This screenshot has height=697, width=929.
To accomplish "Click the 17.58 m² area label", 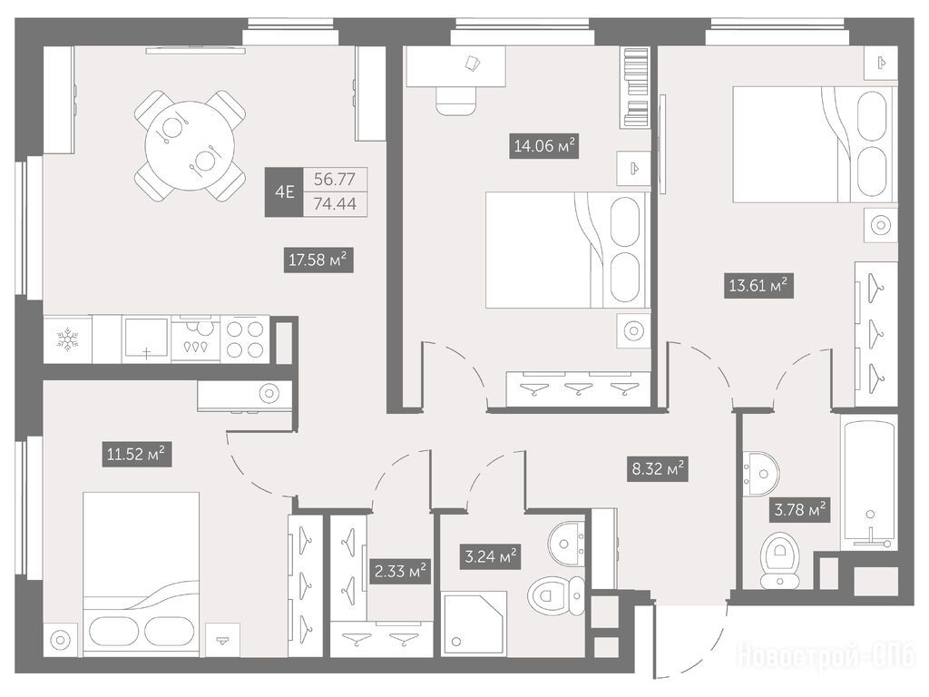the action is coord(318,260).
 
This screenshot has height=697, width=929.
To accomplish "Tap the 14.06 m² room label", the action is coord(544,146).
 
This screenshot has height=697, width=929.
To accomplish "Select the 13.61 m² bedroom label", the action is coord(758,286).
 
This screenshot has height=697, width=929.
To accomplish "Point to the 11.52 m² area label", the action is coord(137,455).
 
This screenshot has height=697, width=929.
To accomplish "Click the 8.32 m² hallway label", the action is coord(657,470).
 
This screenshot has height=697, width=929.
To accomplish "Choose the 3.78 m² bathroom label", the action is coord(800,508).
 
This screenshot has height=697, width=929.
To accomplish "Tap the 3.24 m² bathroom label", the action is coord(490,557).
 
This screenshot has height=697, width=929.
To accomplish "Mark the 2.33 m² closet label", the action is coord(400,572).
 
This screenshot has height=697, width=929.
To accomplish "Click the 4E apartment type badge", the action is coord(284,192).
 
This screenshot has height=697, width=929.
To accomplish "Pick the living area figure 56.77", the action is coord(335,179).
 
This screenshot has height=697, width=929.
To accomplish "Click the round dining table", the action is coord(190,144).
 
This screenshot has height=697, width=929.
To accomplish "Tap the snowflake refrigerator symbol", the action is coord(67,339).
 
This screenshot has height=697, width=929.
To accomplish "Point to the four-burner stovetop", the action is coord(245,339).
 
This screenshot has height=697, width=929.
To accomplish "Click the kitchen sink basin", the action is coord(146,339).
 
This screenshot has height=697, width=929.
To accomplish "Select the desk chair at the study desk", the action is coord(456,101).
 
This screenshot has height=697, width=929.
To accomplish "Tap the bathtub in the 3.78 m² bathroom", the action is coord(868,482).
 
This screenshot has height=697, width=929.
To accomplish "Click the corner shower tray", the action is coord(474,623).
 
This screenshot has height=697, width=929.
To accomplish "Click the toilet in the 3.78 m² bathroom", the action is coord(781,559).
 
